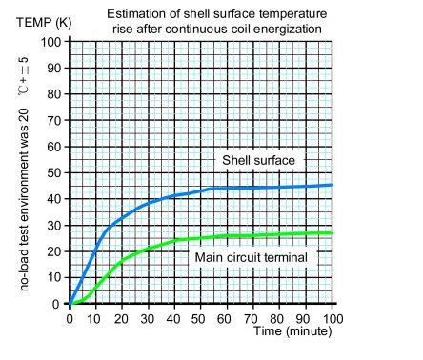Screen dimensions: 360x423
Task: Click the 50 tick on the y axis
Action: point(53,173)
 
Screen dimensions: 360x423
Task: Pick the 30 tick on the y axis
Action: point(53,226)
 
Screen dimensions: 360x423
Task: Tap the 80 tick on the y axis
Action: point(53,94)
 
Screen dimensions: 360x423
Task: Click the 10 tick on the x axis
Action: point(96,317)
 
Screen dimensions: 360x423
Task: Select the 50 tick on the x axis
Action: point(201,317)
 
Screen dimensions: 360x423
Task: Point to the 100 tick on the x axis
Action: point(332,317)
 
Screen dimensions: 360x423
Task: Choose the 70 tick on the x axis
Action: point(253,317)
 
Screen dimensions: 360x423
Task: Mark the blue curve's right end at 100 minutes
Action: point(332,185)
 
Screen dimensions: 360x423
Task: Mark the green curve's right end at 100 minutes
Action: point(332,232)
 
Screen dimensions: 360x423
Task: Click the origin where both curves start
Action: point(70,304)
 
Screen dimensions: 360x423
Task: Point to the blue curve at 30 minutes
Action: point(149,205)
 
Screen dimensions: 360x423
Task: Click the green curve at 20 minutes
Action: point(122,259)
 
